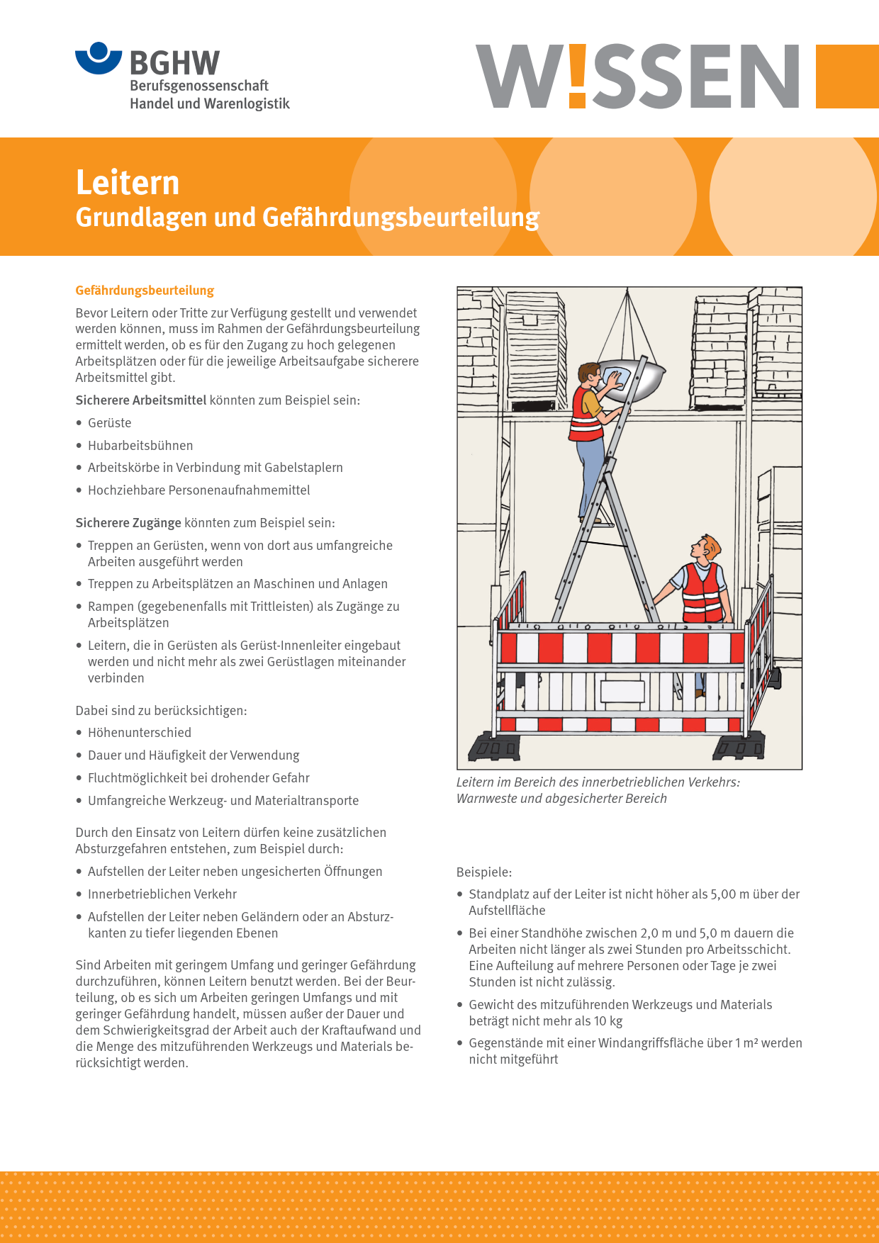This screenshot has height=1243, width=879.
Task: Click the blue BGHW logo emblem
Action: point(99,58)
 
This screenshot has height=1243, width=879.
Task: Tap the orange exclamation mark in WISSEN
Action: point(577,77)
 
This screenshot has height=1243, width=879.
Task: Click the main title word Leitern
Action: point(128,183)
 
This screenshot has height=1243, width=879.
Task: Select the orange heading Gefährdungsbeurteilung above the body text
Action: point(145,291)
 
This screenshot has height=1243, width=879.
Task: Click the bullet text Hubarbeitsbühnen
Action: point(140,445)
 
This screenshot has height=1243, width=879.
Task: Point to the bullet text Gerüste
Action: point(109,423)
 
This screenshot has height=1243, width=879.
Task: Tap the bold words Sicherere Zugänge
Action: point(128,523)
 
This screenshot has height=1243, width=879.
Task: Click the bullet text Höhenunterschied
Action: point(140,733)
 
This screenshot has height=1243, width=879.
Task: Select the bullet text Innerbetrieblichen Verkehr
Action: point(162,894)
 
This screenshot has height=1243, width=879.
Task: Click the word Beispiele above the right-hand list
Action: point(483,872)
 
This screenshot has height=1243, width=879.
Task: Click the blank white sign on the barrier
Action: point(622,691)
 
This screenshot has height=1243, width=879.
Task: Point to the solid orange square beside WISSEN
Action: point(847,77)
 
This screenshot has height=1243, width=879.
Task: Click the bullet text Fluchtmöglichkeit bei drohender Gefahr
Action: point(198,778)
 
